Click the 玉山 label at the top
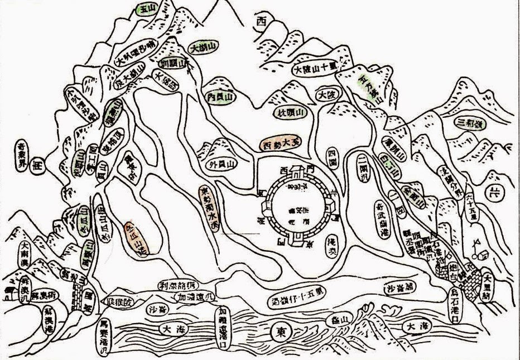(x=147, y=9)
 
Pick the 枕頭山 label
(x=291, y=113)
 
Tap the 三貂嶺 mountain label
(x=470, y=122)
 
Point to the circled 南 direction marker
(x=38, y=167)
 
